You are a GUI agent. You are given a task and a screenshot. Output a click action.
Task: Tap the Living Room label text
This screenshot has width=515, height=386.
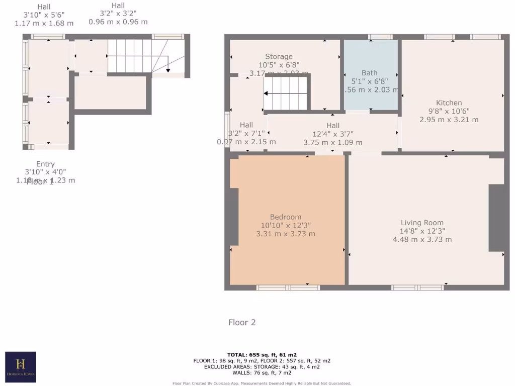[x=422, y=223]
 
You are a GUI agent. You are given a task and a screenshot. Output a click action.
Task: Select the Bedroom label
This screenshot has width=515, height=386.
[x=285, y=217]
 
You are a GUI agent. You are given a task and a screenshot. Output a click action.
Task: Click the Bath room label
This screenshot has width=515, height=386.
[x=369, y=73]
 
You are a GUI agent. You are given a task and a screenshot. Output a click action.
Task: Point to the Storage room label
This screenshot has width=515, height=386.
[x=279, y=57]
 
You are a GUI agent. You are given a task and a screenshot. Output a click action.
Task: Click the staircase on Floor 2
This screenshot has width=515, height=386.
[x=285, y=93]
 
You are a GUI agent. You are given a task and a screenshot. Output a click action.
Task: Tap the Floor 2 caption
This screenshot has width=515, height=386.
[x=242, y=322]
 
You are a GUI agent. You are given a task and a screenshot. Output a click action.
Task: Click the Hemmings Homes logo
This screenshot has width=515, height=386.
[x=21, y=366]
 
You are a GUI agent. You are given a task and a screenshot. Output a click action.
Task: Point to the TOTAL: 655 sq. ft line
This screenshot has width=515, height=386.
[x=262, y=354]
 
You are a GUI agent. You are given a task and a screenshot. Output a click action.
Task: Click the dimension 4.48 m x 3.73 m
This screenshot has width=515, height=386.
[x=422, y=240]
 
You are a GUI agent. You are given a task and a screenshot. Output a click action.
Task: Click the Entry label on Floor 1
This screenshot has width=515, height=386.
[x=45, y=164]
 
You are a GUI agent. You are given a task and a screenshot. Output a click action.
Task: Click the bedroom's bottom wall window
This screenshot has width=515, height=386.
[x=288, y=287]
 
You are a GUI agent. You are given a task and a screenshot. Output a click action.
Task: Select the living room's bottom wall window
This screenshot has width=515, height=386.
[x=417, y=287]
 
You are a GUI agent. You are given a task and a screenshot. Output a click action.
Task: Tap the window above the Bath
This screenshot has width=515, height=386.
[x=380, y=37]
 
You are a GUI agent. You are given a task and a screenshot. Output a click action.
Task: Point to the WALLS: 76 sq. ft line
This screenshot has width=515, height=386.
[x=262, y=372]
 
